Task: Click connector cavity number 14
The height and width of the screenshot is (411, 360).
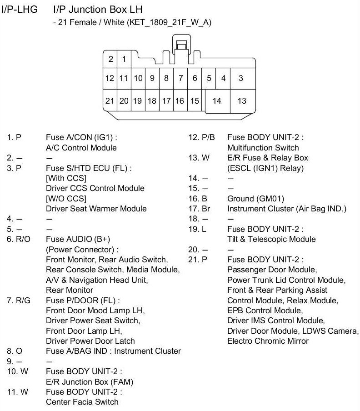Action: click(217, 101)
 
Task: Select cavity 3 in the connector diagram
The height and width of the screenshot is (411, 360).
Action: click(241, 78)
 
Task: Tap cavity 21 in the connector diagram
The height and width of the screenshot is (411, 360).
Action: click(110, 101)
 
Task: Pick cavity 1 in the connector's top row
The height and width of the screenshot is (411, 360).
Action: click(124, 59)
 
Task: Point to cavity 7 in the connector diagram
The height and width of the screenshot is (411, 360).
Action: click(180, 78)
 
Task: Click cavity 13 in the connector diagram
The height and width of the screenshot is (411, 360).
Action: click(242, 101)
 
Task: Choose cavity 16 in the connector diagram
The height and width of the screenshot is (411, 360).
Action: click(180, 101)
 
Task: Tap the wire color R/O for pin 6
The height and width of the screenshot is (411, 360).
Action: click(24, 239)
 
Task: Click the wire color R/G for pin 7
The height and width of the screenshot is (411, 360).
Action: click(24, 300)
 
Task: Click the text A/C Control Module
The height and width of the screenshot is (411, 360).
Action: click(81, 147)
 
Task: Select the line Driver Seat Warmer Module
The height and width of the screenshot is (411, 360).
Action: click(96, 209)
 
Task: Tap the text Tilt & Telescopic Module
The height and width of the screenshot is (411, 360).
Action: click(271, 239)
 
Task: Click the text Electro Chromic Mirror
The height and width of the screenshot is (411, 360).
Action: click(268, 341)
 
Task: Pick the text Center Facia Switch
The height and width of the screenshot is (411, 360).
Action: click(82, 402)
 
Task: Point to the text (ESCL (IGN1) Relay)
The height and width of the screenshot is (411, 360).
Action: click(265, 168)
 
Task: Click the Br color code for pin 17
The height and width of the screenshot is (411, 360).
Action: click(206, 209)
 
